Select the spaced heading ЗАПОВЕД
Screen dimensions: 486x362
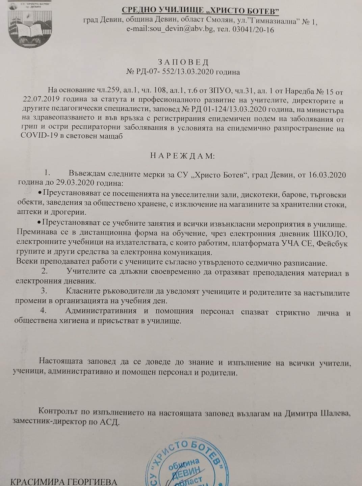coord(183,62)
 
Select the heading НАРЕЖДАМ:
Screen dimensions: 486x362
coord(182,156)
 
